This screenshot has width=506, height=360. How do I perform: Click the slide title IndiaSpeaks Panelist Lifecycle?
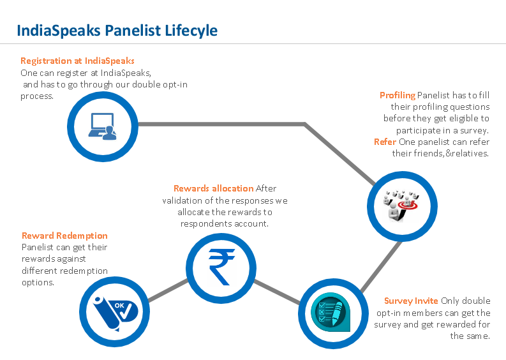(117, 30)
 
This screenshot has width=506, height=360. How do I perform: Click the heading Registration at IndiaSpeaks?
(77, 61)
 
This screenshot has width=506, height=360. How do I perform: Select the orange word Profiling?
(398, 95)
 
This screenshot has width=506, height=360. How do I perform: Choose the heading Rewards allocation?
(213, 188)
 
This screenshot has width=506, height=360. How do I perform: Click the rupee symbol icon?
(220, 266)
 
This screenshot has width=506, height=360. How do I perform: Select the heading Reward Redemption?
(64, 236)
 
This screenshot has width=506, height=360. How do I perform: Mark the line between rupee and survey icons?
(276, 290)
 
